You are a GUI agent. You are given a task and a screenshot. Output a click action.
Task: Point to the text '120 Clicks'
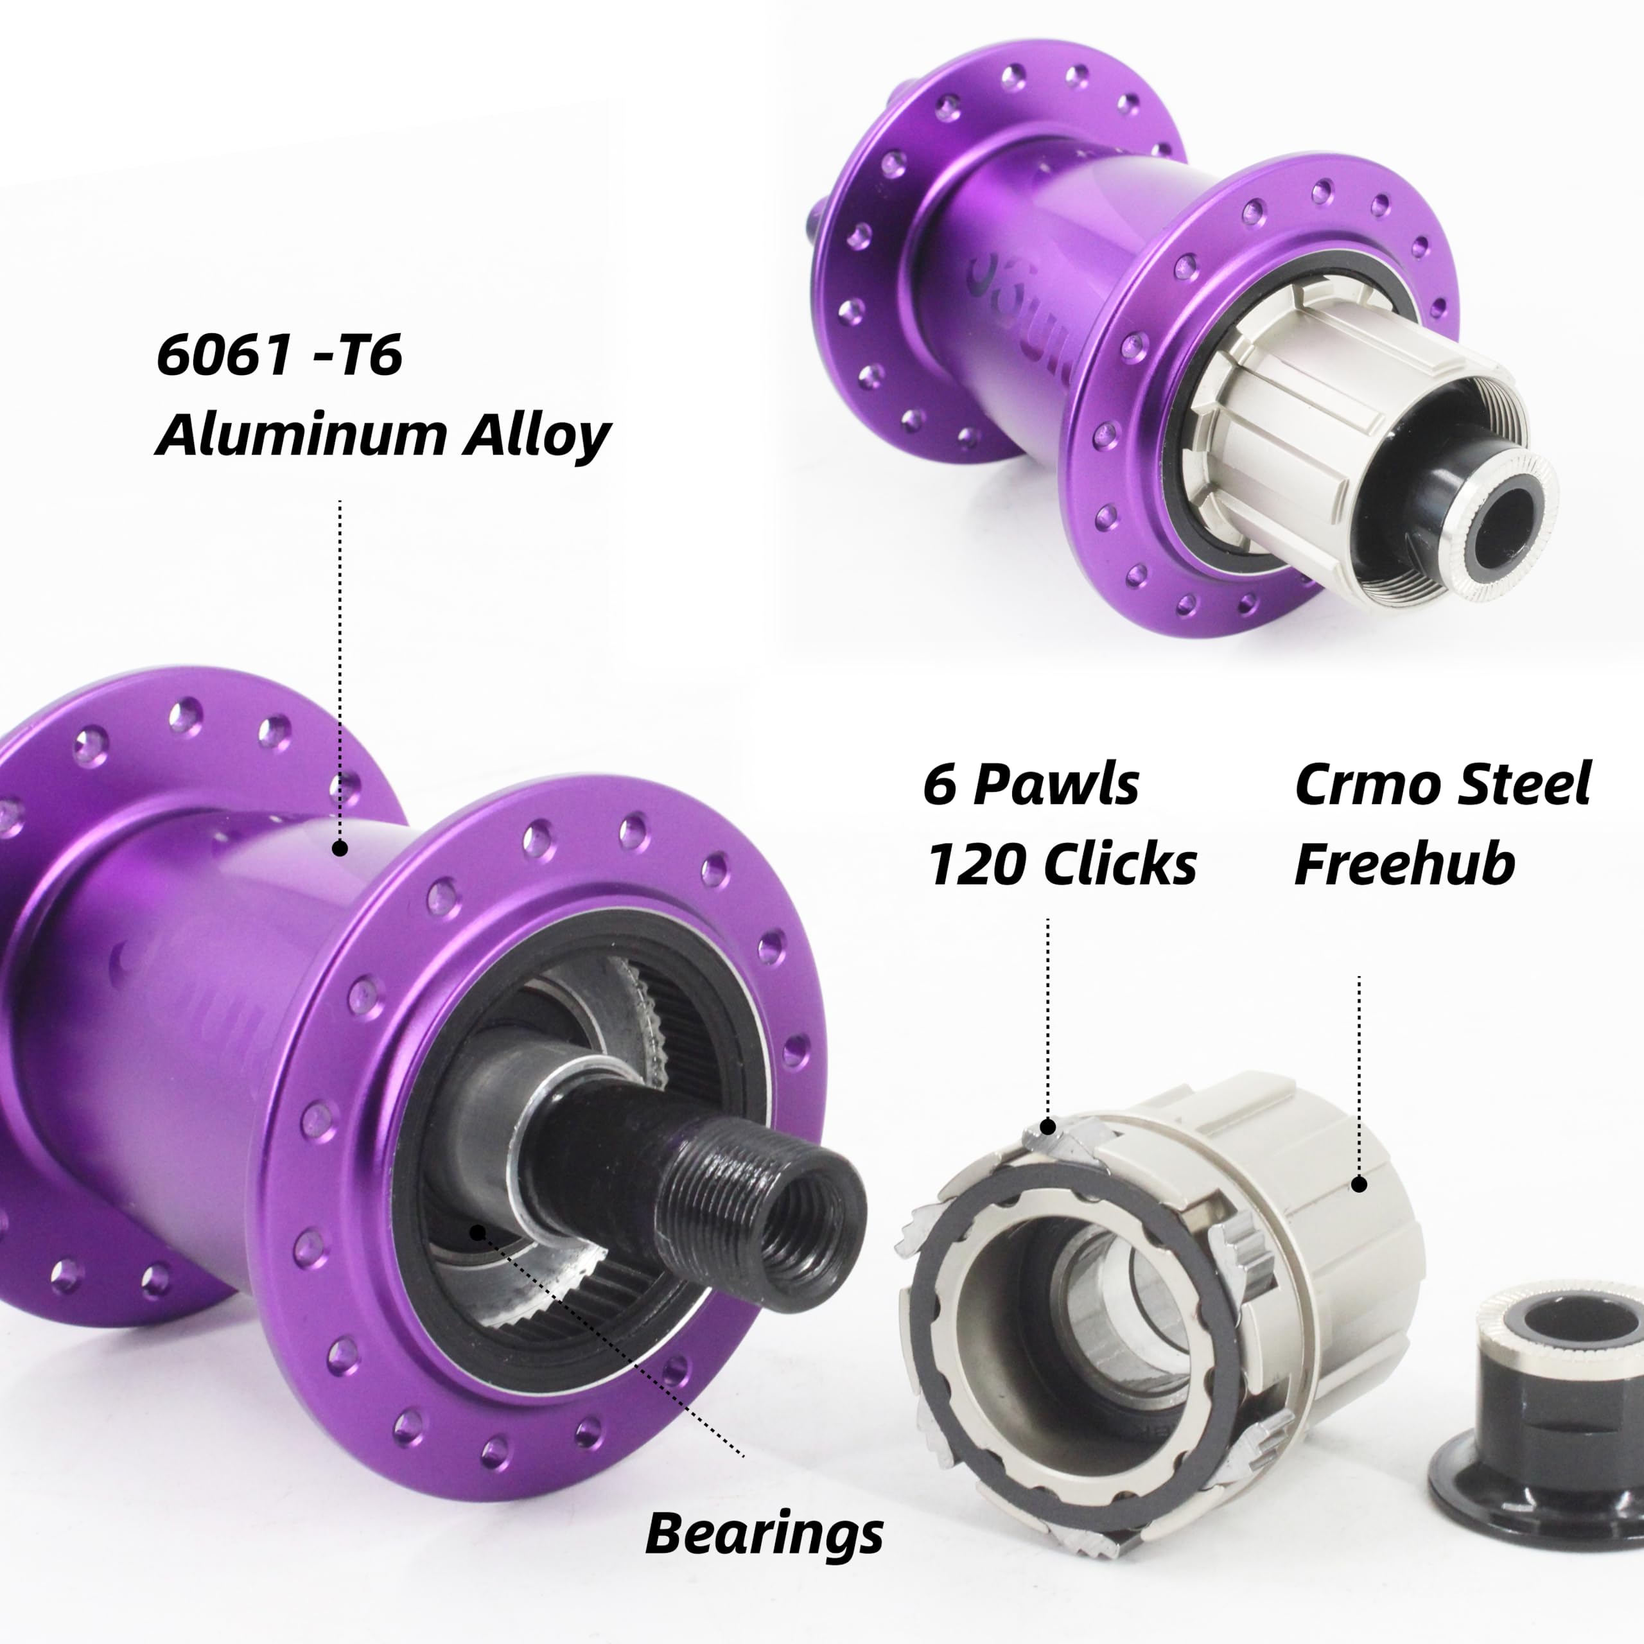click(1061, 864)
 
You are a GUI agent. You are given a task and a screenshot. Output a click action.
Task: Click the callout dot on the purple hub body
click(340, 848)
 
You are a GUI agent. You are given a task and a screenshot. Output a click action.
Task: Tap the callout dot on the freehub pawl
click(1048, 1128)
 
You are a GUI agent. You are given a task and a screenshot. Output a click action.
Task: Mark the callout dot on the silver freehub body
click(1359, 1184)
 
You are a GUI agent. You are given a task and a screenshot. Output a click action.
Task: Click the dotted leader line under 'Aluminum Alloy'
click(340, 664)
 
